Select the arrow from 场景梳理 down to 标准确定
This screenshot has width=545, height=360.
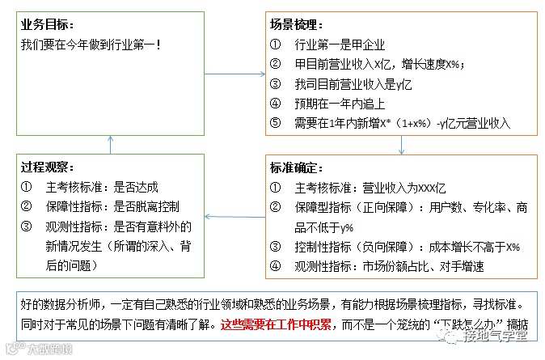pyautogui.click(x=402, y=144)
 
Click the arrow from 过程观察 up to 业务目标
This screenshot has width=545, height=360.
pyautogui.click(x=111, y=144)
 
